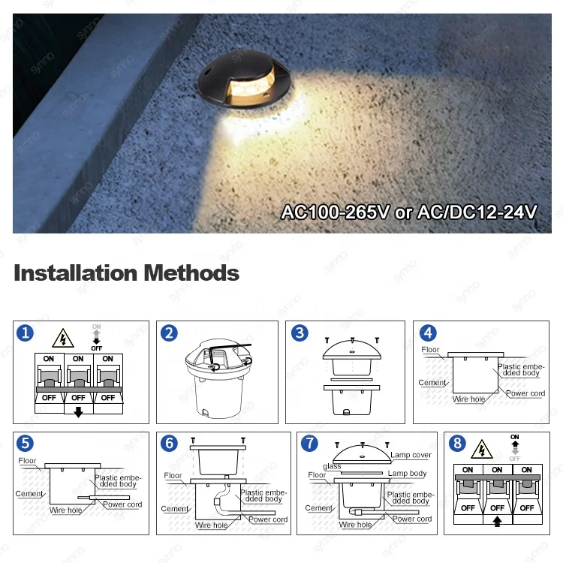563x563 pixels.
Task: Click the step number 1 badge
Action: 26,333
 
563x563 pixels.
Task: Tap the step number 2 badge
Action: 169,333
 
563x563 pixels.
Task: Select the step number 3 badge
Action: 300,333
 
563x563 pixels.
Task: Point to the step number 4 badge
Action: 427,333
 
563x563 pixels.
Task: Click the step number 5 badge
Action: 26,444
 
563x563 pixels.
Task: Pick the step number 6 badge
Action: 169,444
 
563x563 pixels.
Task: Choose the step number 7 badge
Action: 309,444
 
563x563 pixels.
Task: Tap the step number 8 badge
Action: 456,444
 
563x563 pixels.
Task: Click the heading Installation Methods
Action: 126,272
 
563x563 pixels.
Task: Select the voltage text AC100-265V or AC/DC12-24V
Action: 409,212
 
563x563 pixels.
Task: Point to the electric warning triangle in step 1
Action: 63,338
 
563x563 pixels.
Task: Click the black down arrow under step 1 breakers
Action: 78,411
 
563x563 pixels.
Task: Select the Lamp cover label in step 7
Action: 411,456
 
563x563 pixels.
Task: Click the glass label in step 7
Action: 332,466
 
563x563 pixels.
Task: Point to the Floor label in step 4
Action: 430,350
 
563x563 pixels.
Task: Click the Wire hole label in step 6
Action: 212,525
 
